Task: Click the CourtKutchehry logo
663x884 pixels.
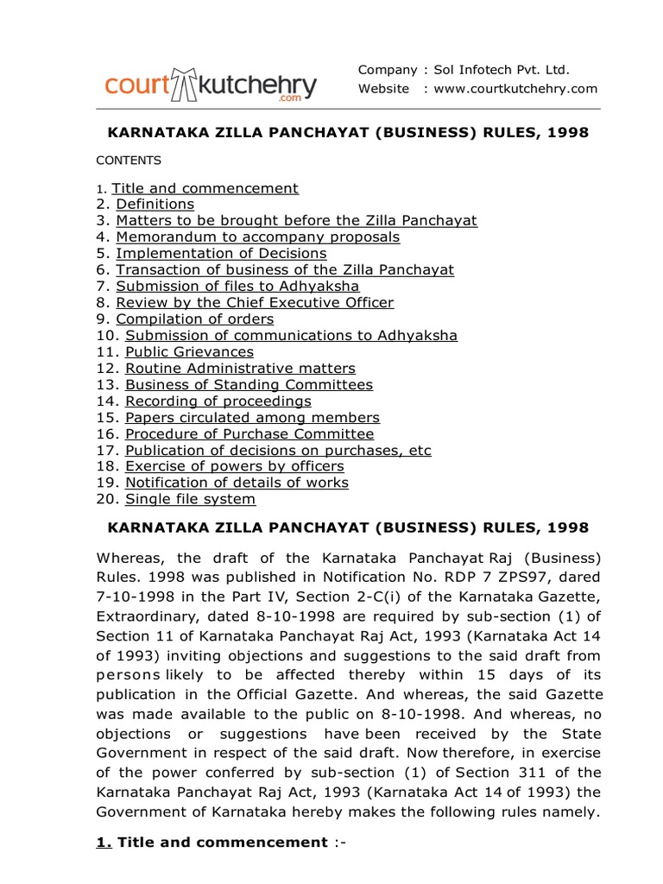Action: (211, 85)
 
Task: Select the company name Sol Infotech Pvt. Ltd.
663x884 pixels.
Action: (502, 70)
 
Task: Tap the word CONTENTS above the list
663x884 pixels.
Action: (129, 161)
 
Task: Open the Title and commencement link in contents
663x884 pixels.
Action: (205, 188)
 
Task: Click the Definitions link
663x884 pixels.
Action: (155, 205)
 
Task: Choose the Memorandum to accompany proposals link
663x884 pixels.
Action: (257, 237)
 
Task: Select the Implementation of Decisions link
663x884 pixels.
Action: (221, 254)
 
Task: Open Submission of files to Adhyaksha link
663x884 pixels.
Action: (237, 287)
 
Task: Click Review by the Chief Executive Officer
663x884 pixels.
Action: (255, 303)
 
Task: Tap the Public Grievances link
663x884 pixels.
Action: (189, 352)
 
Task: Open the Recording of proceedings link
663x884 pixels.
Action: (218, 401)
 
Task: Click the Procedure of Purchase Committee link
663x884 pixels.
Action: (249, 434)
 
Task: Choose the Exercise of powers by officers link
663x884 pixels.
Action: (234, 467)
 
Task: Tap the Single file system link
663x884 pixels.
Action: (190, 500)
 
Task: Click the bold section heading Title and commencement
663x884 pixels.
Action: (222, 843)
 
